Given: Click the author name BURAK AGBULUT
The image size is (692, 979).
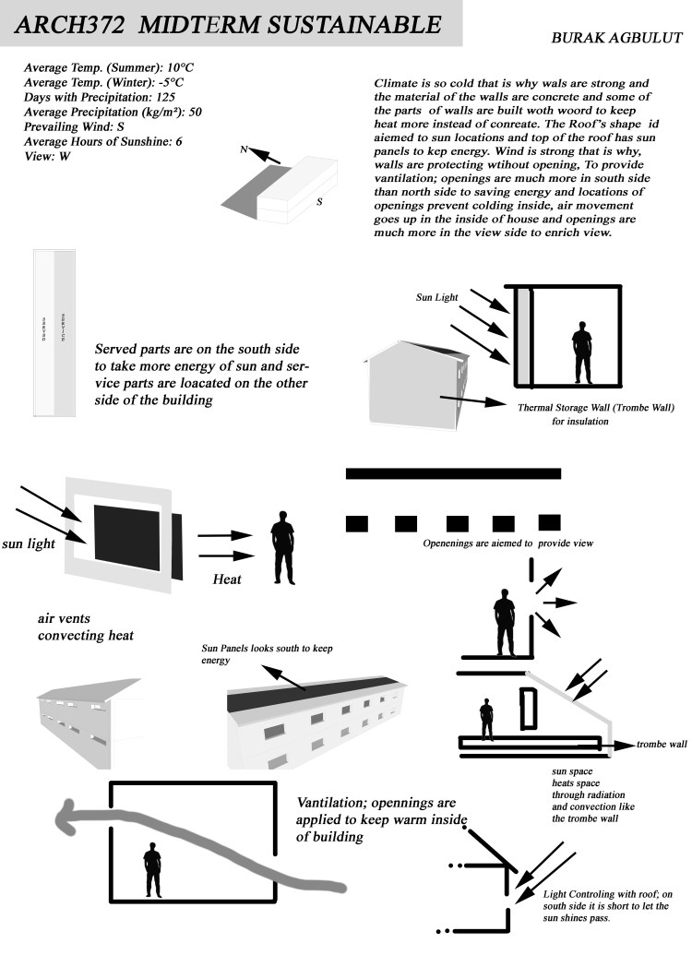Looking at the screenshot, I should pyautogui.click(x=616, y=39).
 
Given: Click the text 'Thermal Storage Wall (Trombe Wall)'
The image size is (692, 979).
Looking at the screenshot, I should pyautogui.click(x=596, y=407).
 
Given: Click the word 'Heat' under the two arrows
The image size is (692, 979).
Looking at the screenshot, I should pyautogui.click(x=227, y=579).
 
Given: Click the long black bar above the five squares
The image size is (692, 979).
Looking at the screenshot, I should pyautogui.click(x=453, y=473).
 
